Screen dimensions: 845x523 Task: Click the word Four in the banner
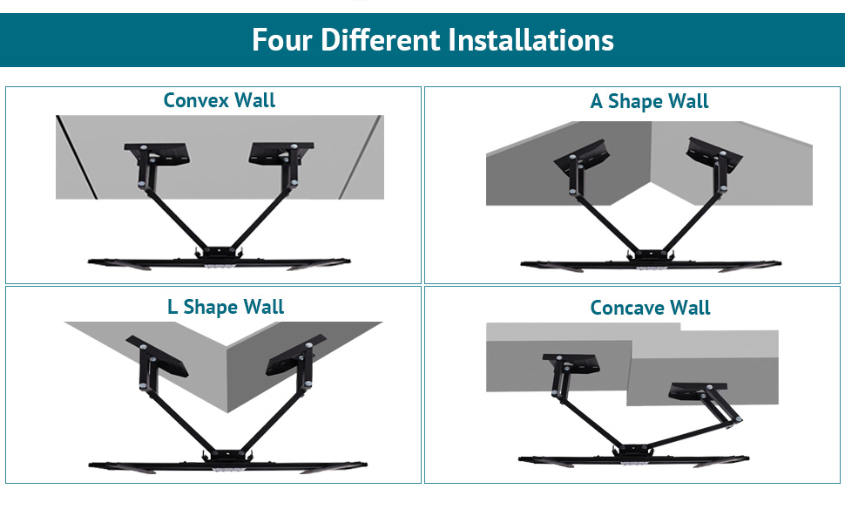click(x=282, y=40)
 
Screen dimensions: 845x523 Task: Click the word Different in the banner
click(x=381, y=40)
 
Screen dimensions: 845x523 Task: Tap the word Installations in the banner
click(x=531, y=40)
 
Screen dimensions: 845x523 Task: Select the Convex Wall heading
click(x=220, y=100)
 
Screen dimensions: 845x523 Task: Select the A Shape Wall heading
click(x=649, y=101)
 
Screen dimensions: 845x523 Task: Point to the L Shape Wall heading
click(x=226, y=307)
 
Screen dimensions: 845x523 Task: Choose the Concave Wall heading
click(x=650, y=308)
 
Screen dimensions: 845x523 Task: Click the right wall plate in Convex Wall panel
click(x=281, y=153)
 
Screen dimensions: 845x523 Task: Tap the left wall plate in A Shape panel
click(x=583, y=156)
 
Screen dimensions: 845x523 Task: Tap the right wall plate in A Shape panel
click(x=714, y=155)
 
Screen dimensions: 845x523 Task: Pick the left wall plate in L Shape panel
click(x=158, y=357)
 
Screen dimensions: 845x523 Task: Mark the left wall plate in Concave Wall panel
click(x=571, y=363)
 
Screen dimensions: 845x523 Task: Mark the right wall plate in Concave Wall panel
click(x=698, y=391)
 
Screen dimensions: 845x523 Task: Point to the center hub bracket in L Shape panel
click(x=226, y=456)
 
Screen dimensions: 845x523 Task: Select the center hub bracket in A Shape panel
click(x=651, y=255)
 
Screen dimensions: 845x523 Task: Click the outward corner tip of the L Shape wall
click(x=228, y=412)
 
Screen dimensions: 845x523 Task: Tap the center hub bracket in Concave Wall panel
click(x=634, y=450)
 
